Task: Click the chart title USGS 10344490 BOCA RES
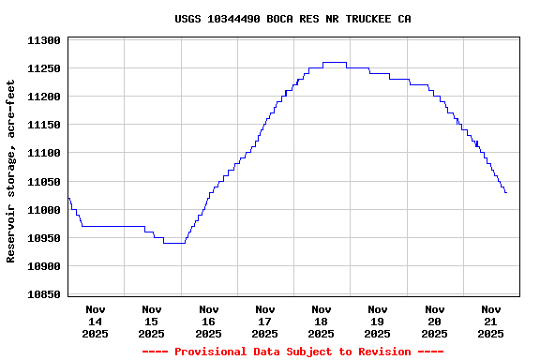click(292, 19)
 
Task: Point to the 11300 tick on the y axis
click(44, 40)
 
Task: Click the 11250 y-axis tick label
click(44, 68)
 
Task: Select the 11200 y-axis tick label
click(44, 97)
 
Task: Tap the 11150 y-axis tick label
click(44, 125)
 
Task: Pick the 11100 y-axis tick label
click(44, 153)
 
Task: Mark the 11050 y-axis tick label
click(44, 182)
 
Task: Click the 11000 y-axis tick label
click(44, 210)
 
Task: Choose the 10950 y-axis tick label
click(44, 238)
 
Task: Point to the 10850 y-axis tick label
click(44, 294)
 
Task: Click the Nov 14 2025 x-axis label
click(96, 321)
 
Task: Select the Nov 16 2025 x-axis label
click(208, 321)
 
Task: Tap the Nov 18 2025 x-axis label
click(322, 321)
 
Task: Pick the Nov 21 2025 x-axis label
click(490, 321)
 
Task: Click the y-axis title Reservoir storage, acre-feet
click(11, 171)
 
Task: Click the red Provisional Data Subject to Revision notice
click(292, 352)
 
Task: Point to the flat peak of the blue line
click(335, 62)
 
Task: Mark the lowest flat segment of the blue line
click(174, 243)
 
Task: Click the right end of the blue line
click(506, 192)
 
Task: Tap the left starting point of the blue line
click(68, 198)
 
